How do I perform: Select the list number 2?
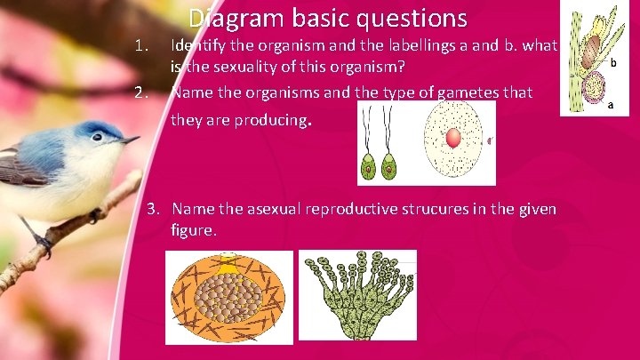(139, 92)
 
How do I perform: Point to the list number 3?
(154, 209)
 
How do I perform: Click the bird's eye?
(97, 137)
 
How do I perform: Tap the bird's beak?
(131, 140)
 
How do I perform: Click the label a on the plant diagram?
(610, 104)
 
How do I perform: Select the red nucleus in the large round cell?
(453, 139)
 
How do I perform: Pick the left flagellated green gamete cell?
(368, 166)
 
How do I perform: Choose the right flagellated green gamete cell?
(388, 166)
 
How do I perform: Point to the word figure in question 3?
(193, 230)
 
